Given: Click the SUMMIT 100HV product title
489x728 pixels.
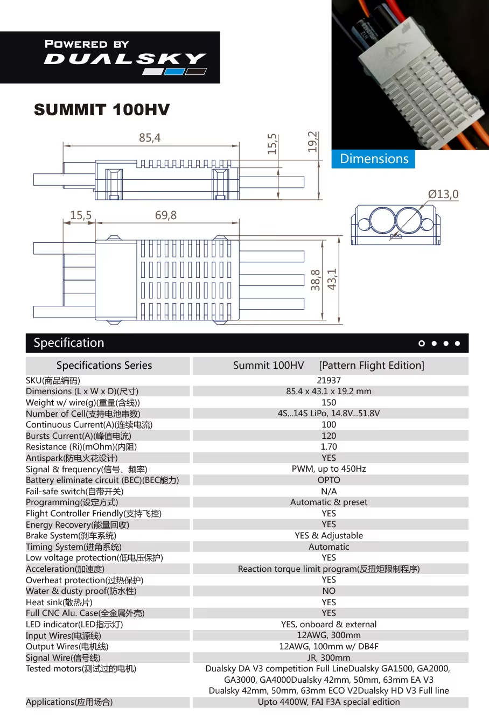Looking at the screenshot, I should click(102, 110).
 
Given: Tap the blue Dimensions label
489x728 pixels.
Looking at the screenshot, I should click(374, 159).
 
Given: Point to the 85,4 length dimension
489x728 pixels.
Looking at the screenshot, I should click(150, 138).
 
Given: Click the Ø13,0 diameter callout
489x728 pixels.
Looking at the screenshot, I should click(443, 194).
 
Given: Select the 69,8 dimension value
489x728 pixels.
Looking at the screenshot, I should click(166, 215).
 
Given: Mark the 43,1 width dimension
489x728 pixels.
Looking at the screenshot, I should click(332, 279).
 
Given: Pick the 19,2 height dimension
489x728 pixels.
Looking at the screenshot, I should click(313, 142).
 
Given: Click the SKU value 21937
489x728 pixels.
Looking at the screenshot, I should click(329, 380).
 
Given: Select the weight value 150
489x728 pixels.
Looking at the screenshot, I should click(329, 402).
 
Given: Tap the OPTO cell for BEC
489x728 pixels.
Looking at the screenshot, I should click(329, 480).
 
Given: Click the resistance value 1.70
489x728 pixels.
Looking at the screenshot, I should click(329, 446).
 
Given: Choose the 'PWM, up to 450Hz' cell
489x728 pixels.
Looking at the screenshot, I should click(329, 469).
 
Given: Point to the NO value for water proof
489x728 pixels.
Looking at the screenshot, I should click(329, 591).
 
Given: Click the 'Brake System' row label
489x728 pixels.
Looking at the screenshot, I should click(71, 536).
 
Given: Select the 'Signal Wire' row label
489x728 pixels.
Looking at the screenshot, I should click(63, 657).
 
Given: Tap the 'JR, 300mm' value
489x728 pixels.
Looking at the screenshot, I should click(329, 657).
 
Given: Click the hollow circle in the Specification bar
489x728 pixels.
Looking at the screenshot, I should click(422, 343).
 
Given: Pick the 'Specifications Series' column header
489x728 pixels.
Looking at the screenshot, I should click(104, 366).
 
